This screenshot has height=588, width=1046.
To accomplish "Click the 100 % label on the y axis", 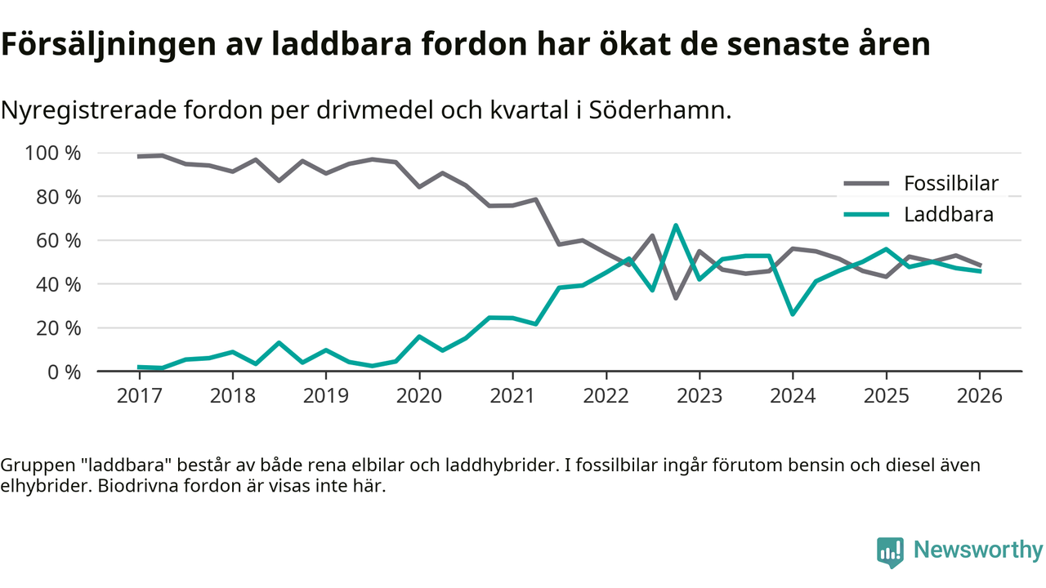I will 53,154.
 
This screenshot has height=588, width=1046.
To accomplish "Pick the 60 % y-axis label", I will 59,241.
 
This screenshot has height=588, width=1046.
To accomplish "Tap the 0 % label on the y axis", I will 65,372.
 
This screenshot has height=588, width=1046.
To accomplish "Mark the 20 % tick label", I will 59,328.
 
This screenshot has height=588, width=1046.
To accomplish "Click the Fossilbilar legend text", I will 950,183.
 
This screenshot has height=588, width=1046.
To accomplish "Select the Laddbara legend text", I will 949,215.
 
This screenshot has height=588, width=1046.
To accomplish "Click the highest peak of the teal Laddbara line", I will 676,225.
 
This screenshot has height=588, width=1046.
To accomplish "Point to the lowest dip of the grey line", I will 676,298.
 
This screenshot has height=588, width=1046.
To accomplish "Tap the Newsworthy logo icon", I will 891,553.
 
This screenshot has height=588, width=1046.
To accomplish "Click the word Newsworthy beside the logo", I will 977,550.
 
